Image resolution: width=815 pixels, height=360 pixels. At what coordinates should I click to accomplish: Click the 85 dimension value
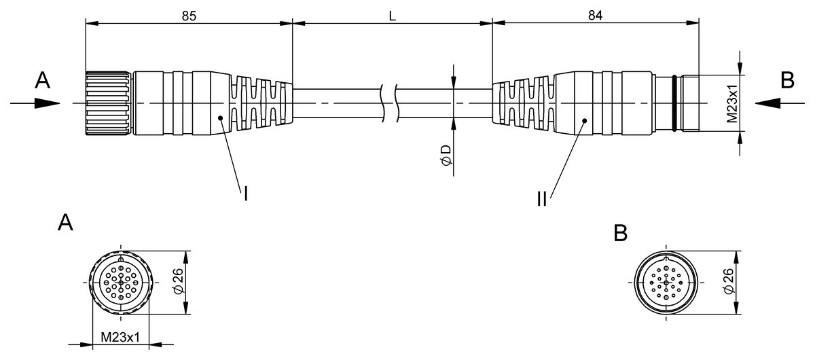click(189, 16)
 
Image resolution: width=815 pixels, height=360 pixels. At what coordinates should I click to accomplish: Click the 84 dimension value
click(595, 16)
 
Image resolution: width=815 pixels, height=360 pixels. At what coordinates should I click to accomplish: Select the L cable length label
click(393, 16)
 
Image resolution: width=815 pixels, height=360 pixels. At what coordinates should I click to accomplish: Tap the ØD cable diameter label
click(446, 155)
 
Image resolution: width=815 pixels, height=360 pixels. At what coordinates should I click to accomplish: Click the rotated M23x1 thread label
click(731, 103)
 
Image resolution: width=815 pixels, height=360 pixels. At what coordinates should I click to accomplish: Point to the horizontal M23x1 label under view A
click(120, 337)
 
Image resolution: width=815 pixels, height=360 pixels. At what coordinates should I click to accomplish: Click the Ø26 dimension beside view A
click(178, 281)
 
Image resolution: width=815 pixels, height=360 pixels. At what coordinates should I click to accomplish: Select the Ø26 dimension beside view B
click(729, 281)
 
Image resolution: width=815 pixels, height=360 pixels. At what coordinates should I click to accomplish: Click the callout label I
click(246, 194)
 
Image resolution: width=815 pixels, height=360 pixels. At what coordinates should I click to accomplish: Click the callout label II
click(542, 199)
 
